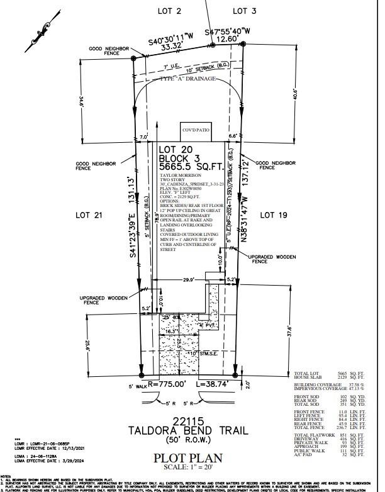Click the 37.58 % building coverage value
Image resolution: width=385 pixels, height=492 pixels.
click(x=356, y=384)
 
